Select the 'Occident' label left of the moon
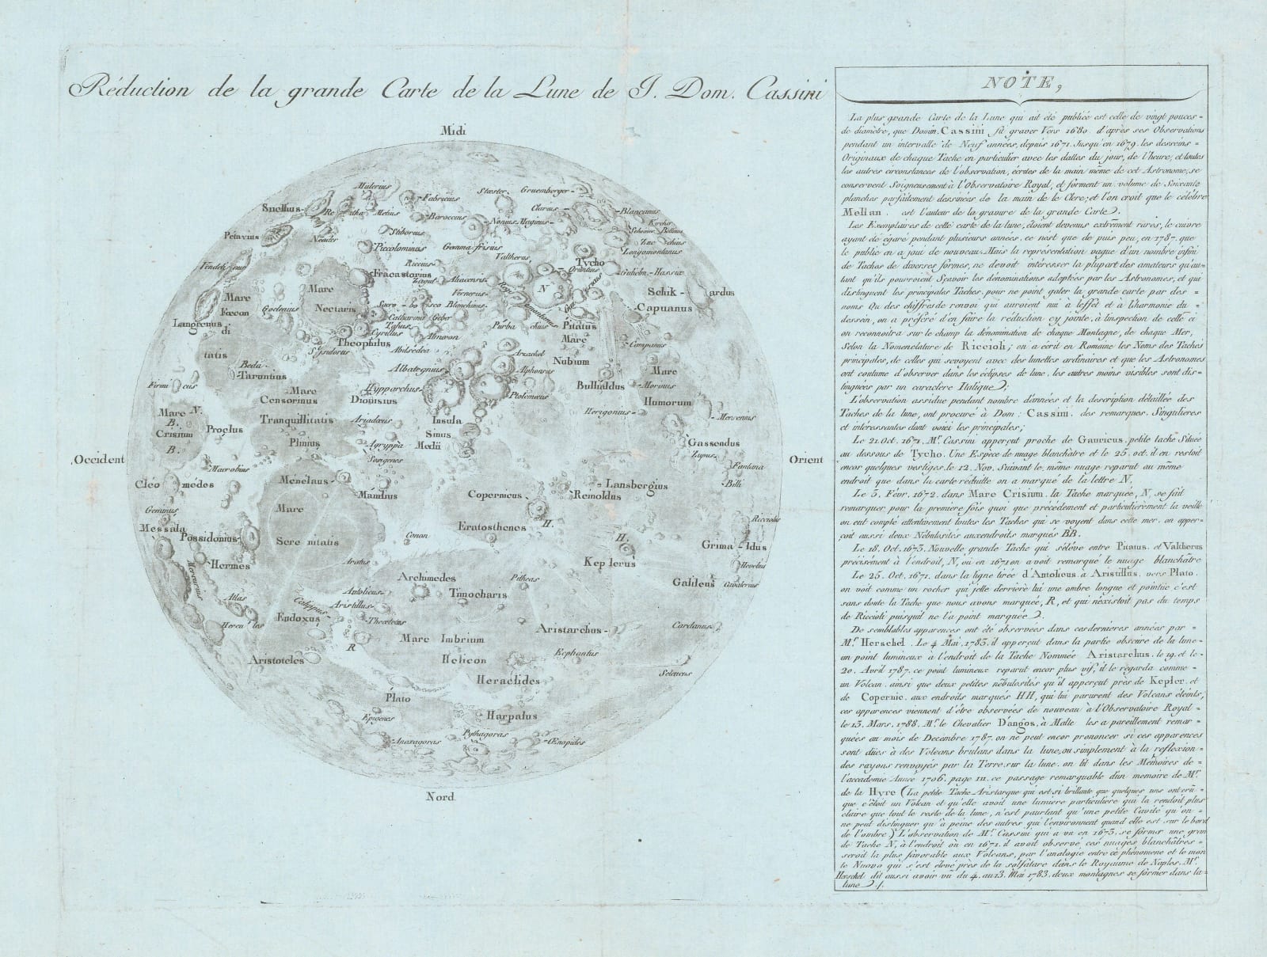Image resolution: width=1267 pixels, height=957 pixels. (x=99, y=460)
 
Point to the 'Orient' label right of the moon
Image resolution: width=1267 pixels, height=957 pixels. (x=806, y=461)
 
